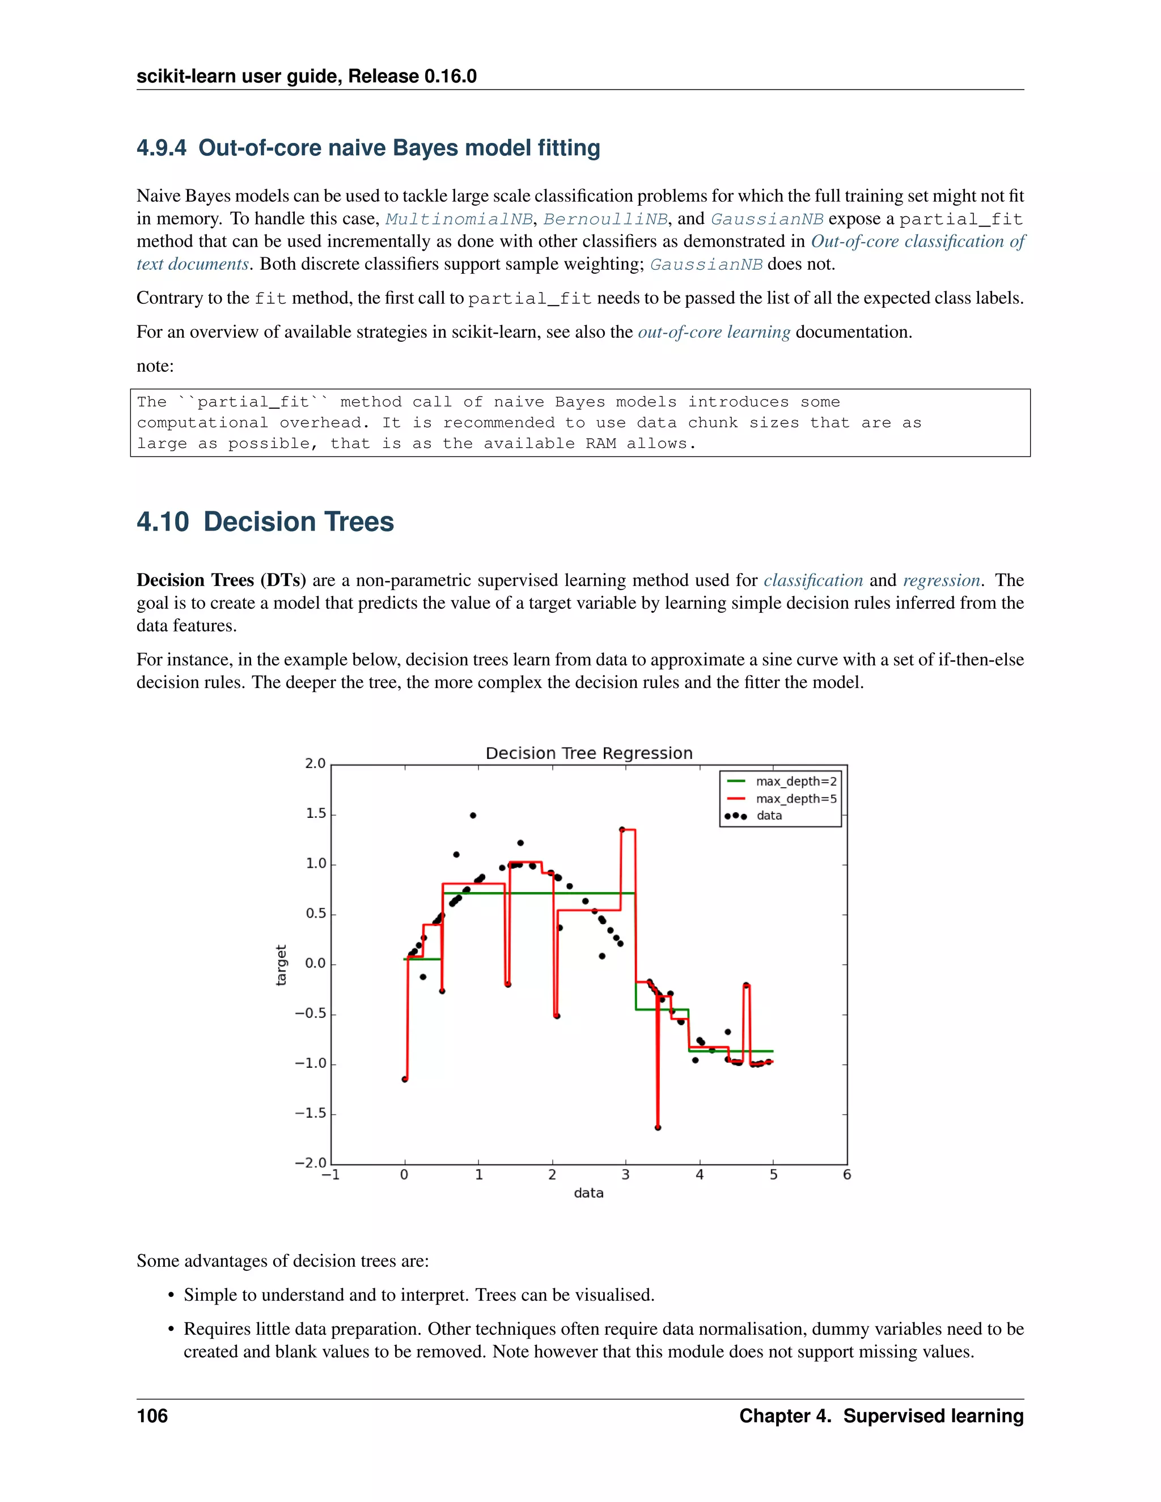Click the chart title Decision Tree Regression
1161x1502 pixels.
point(589,753)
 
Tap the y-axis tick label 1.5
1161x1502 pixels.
point(316,813)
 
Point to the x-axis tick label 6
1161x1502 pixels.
point(847,1174)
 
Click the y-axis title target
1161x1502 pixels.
point(281,964)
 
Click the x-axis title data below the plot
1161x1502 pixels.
point(589,1193)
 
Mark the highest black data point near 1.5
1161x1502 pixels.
point(473,815)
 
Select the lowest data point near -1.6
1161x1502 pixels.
point(658,1128)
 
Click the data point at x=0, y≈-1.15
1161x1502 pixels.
point(404,1079)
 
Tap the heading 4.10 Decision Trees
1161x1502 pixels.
point(265,522)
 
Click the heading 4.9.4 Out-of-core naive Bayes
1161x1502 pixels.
point(368,148)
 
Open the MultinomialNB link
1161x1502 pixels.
point(459,219)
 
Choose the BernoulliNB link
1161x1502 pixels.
point(605,219)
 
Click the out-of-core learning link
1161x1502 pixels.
point(714,332)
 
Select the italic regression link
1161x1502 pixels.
point(941,580)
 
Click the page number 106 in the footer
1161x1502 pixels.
point(152,1416)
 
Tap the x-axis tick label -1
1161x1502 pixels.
point(331,1174)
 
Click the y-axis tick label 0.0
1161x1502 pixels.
point(316,964)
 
